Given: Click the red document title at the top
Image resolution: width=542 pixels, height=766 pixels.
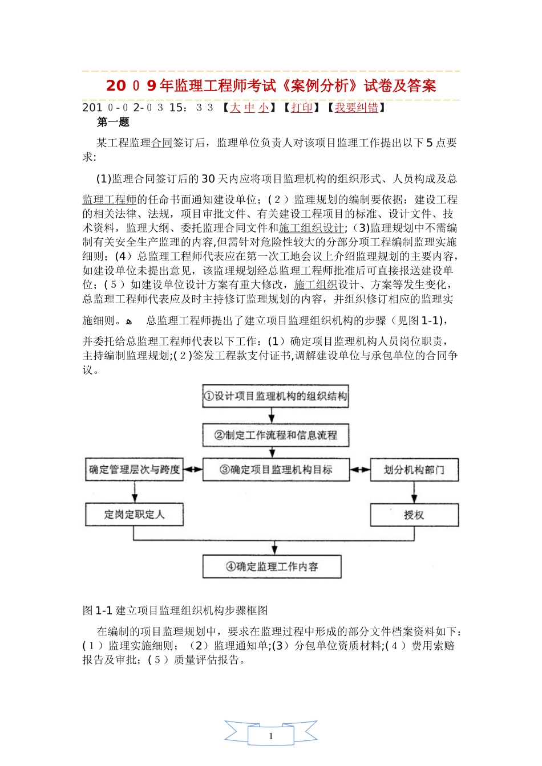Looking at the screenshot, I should pyautogui.click(x=271, y=85).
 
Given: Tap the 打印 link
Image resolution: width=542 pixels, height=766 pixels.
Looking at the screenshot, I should pyautogui.click(x=302, y=108).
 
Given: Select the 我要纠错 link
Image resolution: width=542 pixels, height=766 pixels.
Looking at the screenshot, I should pyautogui.click(x=356, y=108).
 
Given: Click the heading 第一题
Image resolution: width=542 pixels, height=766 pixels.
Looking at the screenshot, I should pyautogui.click(x=113, y=122).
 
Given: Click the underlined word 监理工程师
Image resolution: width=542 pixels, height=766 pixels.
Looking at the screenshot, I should pyautogui.click(x=110, y=199).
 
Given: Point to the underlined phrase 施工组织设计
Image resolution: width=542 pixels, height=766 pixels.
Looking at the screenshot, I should pyautogui.click(x=312, y=228).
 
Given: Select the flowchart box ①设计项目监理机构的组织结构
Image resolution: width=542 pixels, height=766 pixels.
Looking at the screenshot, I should pyautogui.click(x=276, y=396).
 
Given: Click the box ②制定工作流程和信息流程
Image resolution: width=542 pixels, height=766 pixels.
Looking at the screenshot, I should pyautogui.click(x=276, y=435).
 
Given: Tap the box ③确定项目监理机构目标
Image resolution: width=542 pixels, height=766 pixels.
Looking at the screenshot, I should pyautogui.click(x=276, y=470).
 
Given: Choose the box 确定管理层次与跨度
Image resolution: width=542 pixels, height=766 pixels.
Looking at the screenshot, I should pyautogui.click(x=135, y=470).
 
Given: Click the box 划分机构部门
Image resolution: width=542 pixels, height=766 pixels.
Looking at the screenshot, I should pyautogui.click(x=414, y=470).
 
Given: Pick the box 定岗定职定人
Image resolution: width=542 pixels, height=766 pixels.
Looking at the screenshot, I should pyautogui.click(x=135, y=514).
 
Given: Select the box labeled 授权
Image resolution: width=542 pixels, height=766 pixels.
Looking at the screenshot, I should pyautogui.click(x=414, y=515).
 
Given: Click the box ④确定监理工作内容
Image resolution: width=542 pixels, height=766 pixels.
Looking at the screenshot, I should pyautogui.click(x=272, y=566).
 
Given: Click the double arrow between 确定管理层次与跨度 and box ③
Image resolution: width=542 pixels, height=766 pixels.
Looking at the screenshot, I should pyautogui.click(x=193, y=470).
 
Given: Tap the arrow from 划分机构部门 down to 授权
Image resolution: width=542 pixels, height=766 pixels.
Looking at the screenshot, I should pyautogui.click(x=414, y=492).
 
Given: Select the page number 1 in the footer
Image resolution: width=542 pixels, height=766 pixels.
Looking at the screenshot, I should pyautogui.click(x=271, y=736).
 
